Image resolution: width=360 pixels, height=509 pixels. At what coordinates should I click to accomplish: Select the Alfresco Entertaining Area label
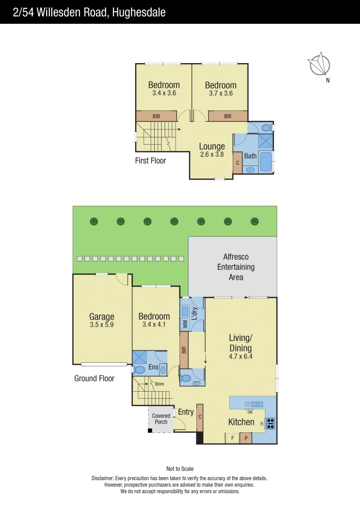point(236,267)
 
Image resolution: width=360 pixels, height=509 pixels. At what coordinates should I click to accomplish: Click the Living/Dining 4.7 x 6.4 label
point(240,348)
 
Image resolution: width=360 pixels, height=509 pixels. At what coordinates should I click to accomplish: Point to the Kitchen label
point(241,422)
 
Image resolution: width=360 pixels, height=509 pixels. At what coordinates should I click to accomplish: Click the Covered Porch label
point(161,419)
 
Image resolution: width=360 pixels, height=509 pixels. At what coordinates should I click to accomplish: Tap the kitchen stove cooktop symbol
point(270,424)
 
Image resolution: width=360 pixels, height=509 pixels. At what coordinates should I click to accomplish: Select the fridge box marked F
point(232,438)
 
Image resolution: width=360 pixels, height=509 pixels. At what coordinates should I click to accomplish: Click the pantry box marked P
point(246,438)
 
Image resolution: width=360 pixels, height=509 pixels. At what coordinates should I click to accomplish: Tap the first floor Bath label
point(250,156)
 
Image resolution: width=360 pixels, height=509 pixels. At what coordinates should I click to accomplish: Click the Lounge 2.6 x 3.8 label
point(212,150)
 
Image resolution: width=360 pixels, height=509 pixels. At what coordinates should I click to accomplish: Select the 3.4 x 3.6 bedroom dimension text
point(164,93)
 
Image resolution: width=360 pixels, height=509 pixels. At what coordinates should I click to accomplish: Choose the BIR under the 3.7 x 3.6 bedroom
point(228,116)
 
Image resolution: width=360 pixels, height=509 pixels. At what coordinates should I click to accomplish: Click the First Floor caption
point(151,161)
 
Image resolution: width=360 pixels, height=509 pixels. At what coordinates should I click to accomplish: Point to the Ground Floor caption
point(94,378)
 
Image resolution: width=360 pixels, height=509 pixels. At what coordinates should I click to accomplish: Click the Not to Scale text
point(180,469)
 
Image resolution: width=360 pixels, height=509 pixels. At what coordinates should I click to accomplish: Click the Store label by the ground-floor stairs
point(159,383)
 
